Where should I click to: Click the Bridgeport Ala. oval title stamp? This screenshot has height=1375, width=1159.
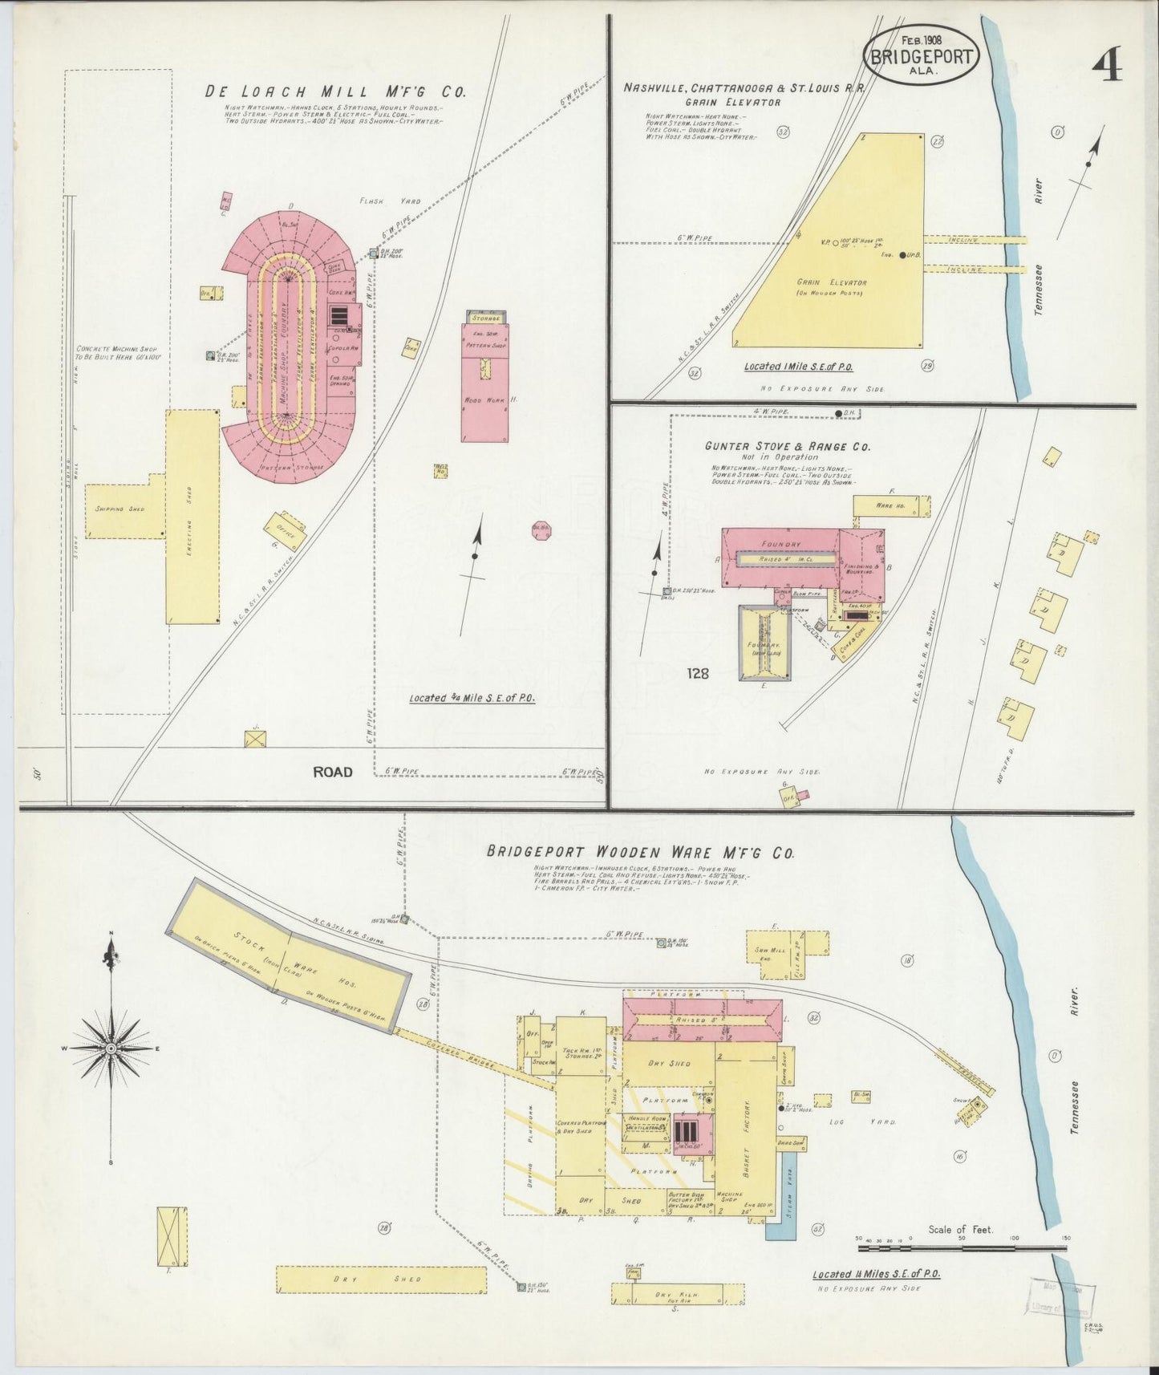click(x=921, y=55)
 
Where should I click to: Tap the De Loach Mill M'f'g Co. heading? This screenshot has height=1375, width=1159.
click(x=335, y=91)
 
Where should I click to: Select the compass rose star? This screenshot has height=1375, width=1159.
click(x=110, y=1048)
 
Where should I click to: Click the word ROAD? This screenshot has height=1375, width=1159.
click(x=332, y=772)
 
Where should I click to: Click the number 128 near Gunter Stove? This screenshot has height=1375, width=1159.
click(x=698, y=674)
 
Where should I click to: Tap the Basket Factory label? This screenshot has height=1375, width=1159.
click(x=745, y=1126)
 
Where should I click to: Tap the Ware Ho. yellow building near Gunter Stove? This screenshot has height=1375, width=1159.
click(x=891, y=506)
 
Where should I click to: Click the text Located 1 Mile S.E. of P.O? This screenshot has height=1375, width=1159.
click(x=797, y=366)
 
